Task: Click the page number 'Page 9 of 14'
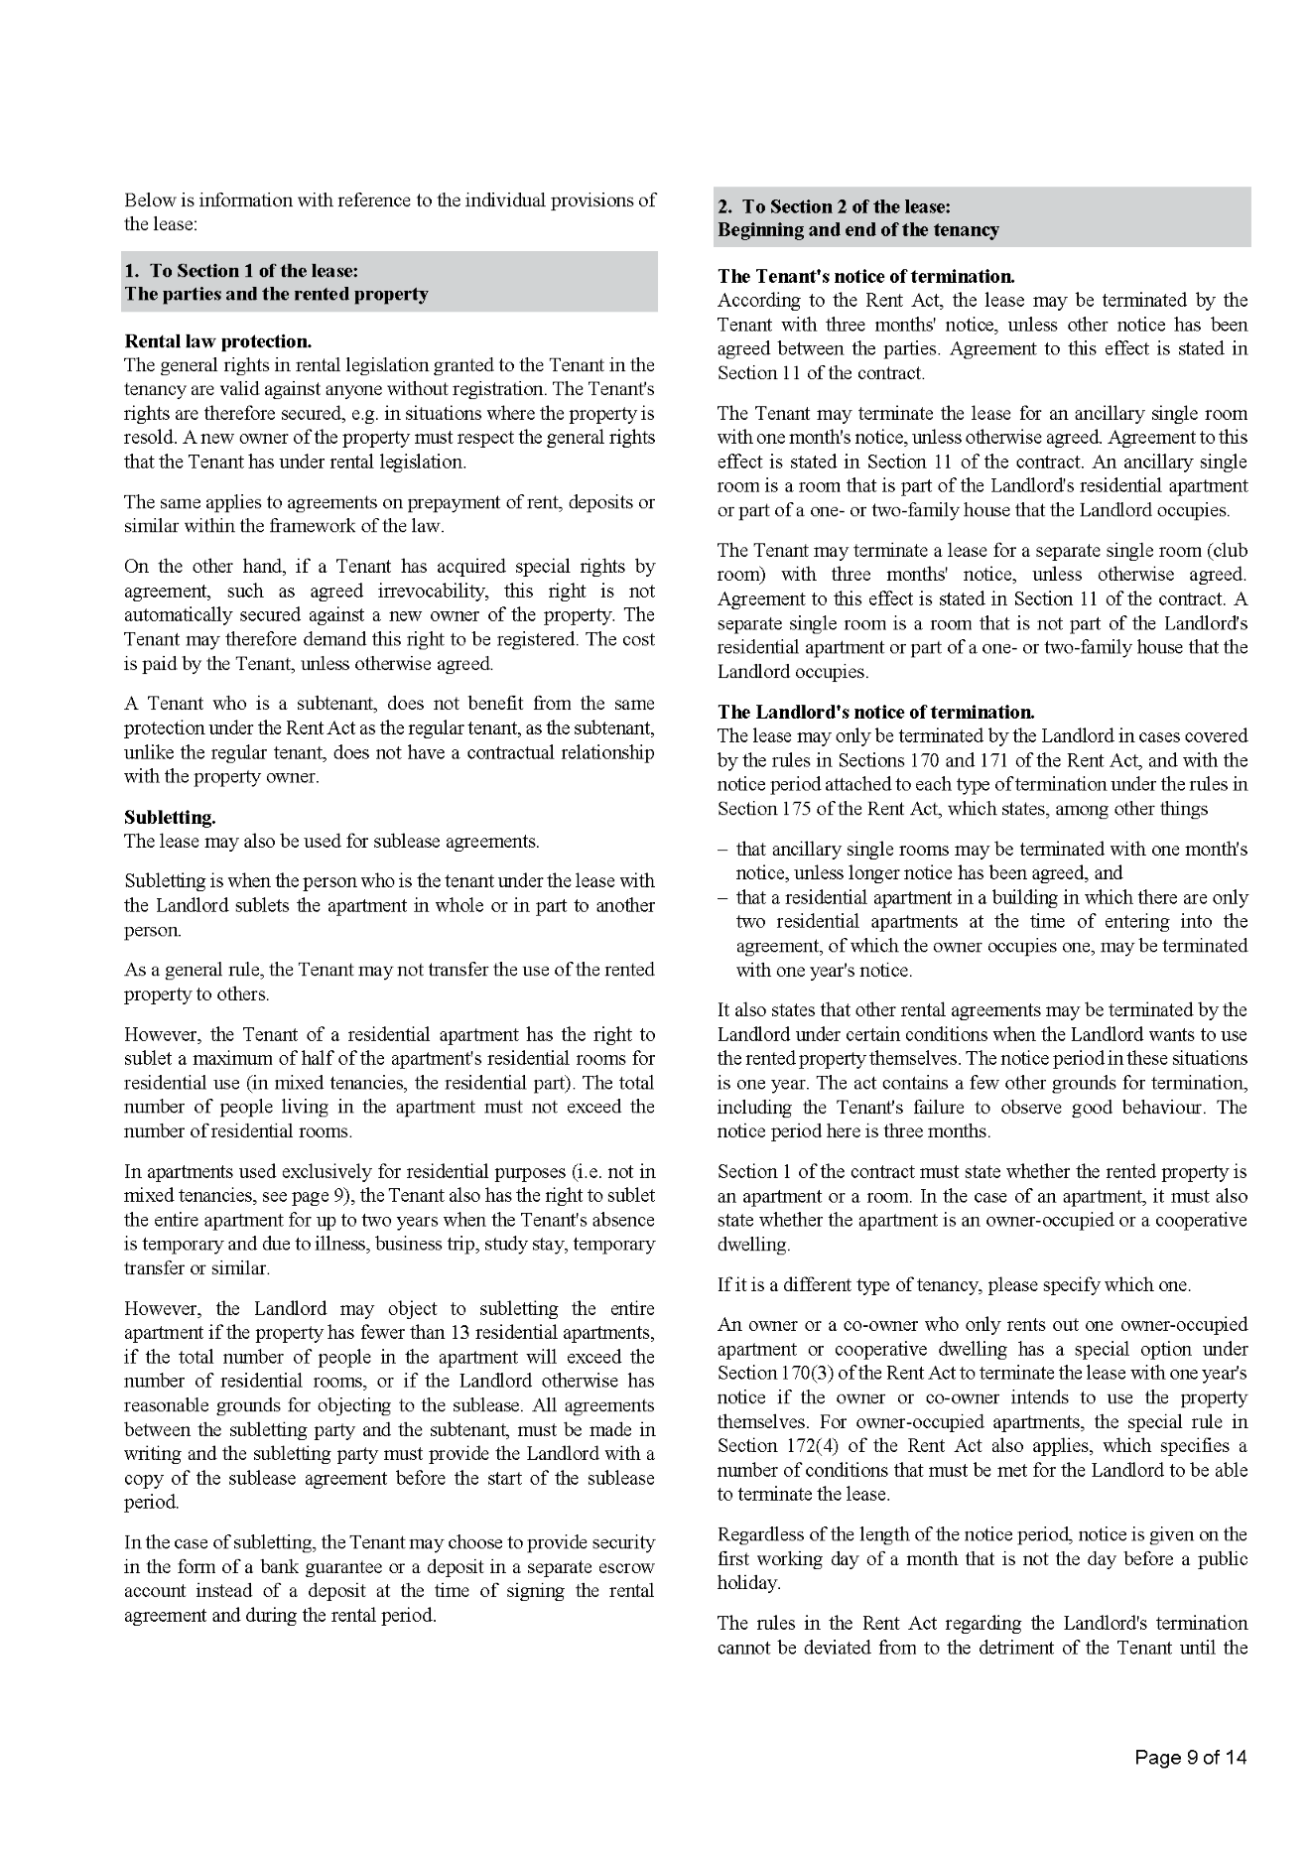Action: (x=1190, y=1758)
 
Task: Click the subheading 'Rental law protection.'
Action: (x=217, y=341)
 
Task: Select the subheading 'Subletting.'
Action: (x=170, y=818)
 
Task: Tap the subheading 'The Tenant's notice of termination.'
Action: (x=865, y=277)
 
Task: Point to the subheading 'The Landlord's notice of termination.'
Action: (x=875, y=712)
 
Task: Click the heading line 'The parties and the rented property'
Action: (x=276, y=295)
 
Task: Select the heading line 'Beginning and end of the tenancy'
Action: (x=857, y=230)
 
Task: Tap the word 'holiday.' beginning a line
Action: (x=748, y=1583)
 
